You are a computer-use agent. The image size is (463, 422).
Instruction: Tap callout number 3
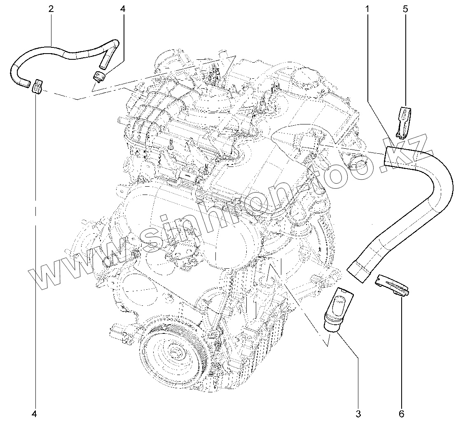tap(358, 413)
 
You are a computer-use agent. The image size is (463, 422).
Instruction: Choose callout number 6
tap(402, 413)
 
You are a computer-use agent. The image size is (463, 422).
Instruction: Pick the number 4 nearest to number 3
tap(35, 413)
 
